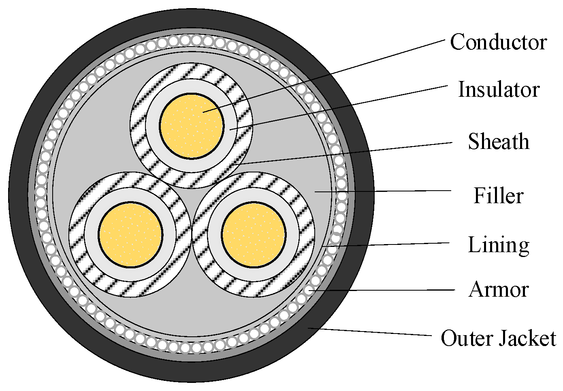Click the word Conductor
click(499, 42)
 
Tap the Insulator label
click(499, 89)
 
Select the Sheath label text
click(499, 141)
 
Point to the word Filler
click(499, 195)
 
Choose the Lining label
click(499, 246)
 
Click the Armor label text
click(499, 290)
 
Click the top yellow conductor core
click(192, 127)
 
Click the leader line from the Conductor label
click(324, 76)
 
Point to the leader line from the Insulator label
click(339, 108)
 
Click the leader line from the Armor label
click(382, 290)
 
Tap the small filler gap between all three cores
click(192, 201)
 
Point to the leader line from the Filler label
click(383, 191)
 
